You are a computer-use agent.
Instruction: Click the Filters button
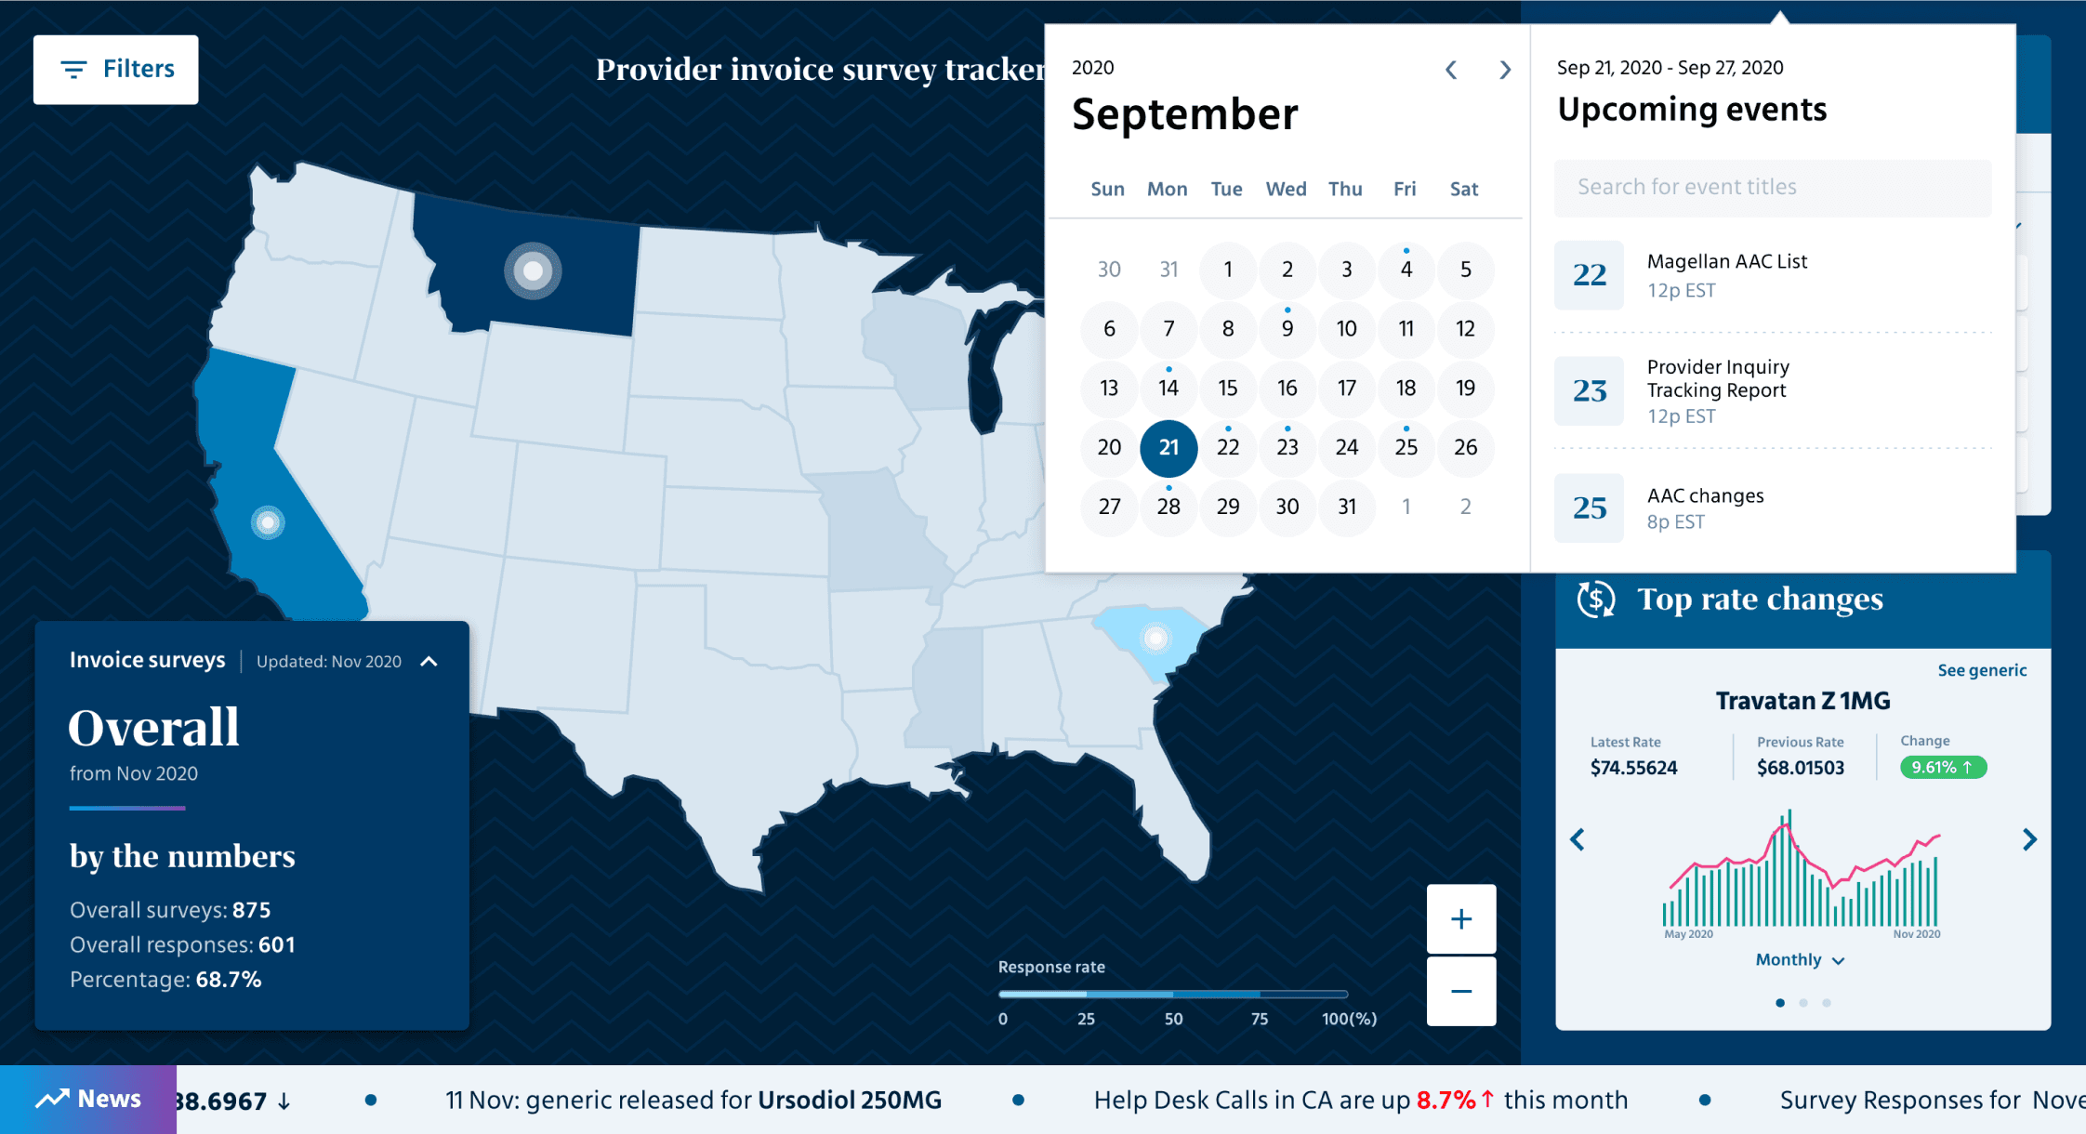[x=116, y=70]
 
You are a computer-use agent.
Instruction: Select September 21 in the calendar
[x=1168, y=448]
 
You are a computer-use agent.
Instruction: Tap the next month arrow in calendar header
[x=1505, y=71]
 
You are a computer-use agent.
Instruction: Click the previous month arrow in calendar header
[x=1451, y=71]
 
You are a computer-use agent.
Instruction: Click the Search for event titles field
[x=1772, y=188]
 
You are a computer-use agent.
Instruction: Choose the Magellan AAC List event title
[x=1726, y=262]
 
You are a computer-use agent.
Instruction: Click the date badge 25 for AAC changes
[x=1589, y=508]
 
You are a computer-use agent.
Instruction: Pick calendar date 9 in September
[x=1287, y=329]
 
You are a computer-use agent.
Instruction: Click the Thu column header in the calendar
[x=1345, y=190]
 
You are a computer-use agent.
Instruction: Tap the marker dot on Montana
[x=533, y=271]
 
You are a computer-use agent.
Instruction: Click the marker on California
[x=268, y=522]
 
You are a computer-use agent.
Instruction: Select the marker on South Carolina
[x=1155, y=638]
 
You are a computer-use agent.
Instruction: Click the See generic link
[x=1981, y=670]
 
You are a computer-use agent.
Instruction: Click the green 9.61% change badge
[x=1942, y=768]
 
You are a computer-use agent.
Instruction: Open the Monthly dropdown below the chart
[x=1799, y=960]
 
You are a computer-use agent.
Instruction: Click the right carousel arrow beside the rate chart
[x=2029, y=840]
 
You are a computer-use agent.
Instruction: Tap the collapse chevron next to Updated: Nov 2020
[x=429, y=662]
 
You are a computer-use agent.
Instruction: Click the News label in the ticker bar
[x=89, y=1100]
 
